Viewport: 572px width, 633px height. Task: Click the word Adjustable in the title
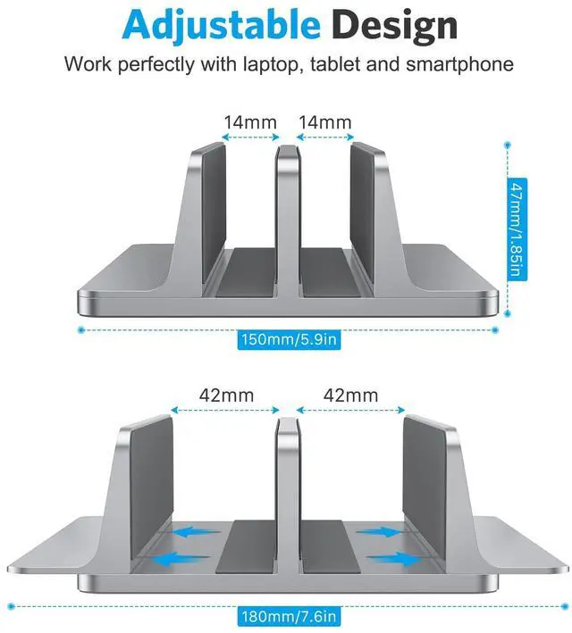pos(222,25)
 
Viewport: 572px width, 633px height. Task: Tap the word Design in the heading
pos(395,25)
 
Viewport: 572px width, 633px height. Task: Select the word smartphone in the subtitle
pos(459,64)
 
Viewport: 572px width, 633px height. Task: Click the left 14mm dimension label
pos(250,122)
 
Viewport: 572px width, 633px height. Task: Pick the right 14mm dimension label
pos(325,122)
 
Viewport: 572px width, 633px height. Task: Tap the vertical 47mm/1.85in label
pos(517,229)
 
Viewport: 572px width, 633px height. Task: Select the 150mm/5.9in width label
pos(289,339)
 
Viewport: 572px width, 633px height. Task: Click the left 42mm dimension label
pos(226,396)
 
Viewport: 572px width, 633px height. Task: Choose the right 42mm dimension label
pos(351,396)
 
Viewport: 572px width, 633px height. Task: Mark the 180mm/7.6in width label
pos(289,617)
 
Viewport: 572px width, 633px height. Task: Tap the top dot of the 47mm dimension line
pos(508,145)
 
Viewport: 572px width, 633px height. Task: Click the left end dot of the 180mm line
pos(12,606)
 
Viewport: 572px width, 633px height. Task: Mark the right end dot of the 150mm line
pos(495,329)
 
